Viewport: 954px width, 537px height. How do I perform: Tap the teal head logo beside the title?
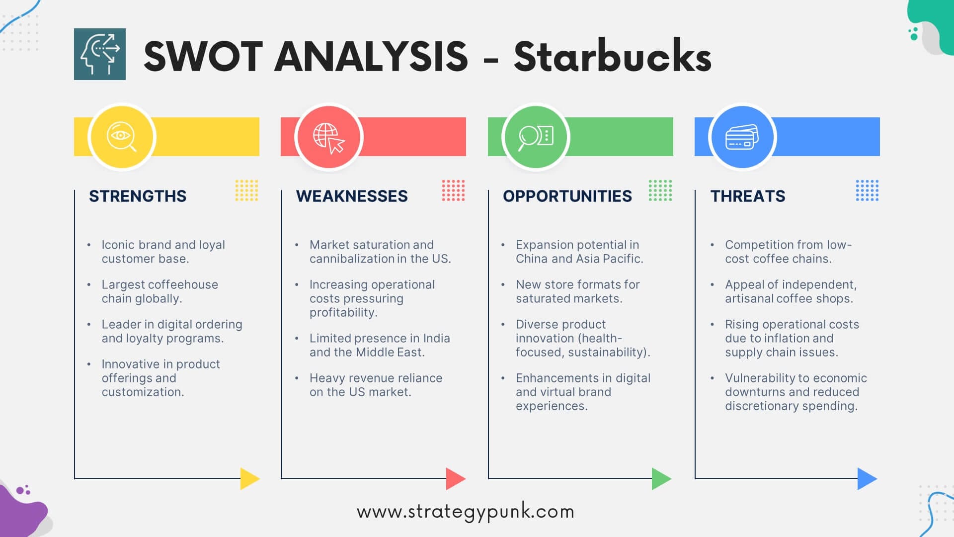tap(100, 54)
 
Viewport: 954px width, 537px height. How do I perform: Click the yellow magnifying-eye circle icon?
tap(122, 137)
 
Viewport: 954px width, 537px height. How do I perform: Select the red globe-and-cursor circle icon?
tap(328, 137)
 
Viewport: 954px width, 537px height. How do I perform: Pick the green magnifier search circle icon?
tap(536, 137)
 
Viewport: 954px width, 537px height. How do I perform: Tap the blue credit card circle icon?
tap(742, 137)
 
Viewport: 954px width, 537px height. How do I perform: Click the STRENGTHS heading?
tap(138, 196)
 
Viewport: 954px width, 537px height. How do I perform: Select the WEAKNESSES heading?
tap(352, 196)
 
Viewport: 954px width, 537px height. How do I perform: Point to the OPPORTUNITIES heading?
tap(567, 196)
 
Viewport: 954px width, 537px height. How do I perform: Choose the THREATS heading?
tap(748, 196)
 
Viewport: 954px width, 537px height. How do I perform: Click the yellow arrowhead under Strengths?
tap(249, 478)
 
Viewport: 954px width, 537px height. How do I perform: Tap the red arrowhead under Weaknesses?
tap(455, 478)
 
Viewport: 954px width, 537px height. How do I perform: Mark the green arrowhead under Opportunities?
tap(661, 478)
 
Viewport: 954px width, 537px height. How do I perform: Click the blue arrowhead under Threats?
tap(867, 478)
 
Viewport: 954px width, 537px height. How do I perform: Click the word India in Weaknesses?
tap(437, 338)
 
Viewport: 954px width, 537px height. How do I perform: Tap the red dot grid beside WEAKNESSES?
tap(453, 190)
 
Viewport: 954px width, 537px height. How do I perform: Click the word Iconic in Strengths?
tap(118, 245)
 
